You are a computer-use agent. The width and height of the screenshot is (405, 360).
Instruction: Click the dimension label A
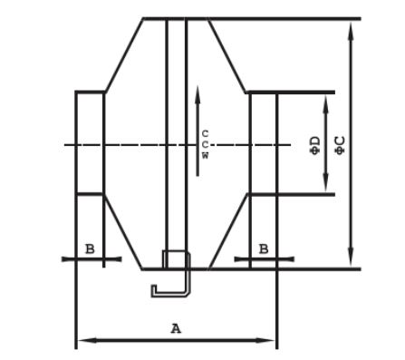176,328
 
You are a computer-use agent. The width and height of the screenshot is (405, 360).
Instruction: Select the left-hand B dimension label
90,249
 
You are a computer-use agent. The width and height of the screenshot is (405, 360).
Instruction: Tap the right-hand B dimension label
264,249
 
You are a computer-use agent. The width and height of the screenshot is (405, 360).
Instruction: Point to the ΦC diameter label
341,145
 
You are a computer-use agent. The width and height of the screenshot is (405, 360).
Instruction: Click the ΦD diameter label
315,145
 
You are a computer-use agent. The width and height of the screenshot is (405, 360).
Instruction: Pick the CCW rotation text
205,144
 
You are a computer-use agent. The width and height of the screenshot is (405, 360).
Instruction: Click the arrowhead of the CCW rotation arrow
198,94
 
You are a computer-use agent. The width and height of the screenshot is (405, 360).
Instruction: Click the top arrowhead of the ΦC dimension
351,31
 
